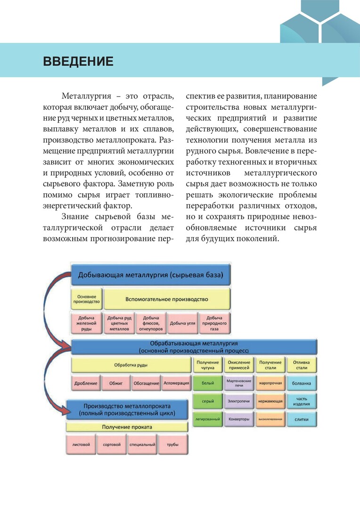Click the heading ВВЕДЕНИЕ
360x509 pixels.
point(78,61)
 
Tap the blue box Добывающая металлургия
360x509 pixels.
point(151,274)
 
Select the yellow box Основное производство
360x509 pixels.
point(86,299)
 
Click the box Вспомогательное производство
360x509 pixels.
point(167,299)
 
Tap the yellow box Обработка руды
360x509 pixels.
point(131,365)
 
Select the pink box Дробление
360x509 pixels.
point(86,383)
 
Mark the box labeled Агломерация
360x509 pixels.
point(176,383)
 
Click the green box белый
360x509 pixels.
point(208,383)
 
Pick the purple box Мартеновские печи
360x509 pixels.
point(238,383)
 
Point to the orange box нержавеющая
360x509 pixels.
point(270,402)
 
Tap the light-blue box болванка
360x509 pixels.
point(302,383)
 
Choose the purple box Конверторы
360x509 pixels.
point(238,419)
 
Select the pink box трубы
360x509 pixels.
point(172,444)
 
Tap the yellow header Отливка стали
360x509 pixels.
point(302,365)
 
